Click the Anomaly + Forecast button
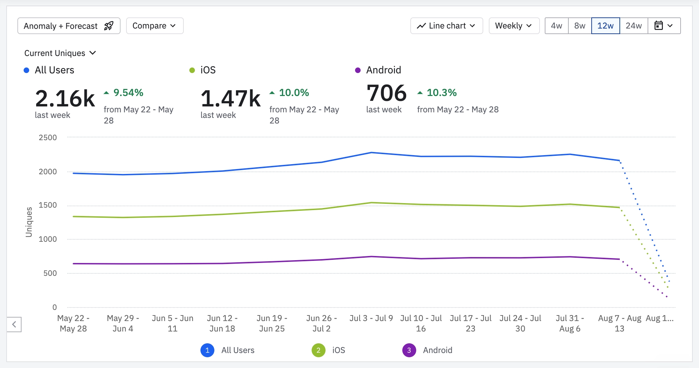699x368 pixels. pos(69,26)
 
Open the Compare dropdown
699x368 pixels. pos(155,26)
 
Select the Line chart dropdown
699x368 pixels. pos(446,26)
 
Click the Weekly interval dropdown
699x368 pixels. pos(514,26)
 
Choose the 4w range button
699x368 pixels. pos(557,26)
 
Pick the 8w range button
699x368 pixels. pos(580,26)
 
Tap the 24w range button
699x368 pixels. pos(634,26)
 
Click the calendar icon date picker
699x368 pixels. pos(664,26)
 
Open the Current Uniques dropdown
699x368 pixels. pos(60,53)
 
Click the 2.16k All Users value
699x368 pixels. pos(65,99)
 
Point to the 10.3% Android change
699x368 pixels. pos(441,93)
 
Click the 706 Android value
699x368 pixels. pos(386,93)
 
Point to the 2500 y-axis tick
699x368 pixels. pos(48,138)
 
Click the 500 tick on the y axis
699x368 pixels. pos(50,273)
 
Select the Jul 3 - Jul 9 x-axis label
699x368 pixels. pos(371,318)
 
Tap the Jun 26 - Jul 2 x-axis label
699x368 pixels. pos(321,323)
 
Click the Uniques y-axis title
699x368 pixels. pos(29,222)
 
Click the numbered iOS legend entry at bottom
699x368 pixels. pos(329,350)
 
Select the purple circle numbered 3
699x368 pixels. pos(409,350)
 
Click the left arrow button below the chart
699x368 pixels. pos(14,325)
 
